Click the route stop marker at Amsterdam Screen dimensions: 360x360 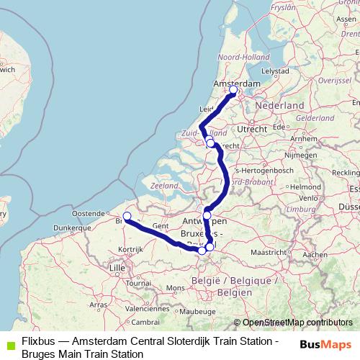[x=233, y=90]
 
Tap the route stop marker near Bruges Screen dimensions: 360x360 [x=127, y=216]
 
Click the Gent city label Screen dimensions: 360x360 [x=161, y=225]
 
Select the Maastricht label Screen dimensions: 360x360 [x=271, y=253]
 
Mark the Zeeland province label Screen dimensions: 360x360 [x=165, y=185]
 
